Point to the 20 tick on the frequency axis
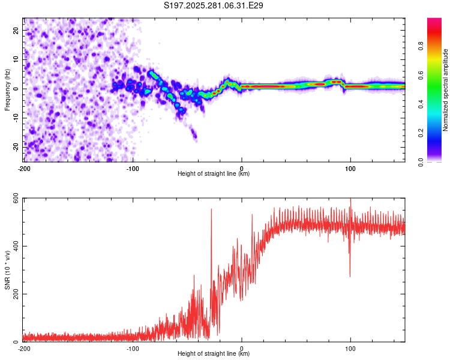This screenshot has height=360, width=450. (17, 30)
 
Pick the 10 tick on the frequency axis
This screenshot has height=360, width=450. (17, 59)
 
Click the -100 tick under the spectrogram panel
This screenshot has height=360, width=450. (133, 167)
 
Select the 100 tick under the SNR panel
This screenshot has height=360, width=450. (350, 348)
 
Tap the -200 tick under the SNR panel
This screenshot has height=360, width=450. (24, 348)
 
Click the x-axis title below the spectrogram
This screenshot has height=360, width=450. (214, 174)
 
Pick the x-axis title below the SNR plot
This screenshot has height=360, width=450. (214, 355)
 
